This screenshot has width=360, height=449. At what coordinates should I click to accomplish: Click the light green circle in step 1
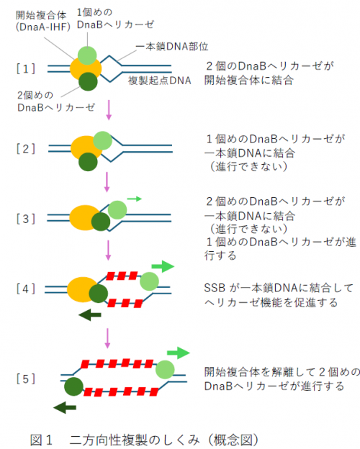pyautogui.click(x=86, y=55)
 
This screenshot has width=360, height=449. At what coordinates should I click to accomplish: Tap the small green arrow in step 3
pyautogui.click(x=134, y=196)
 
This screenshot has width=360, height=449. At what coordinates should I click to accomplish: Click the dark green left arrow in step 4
pyautogui.click(x=89, y=314)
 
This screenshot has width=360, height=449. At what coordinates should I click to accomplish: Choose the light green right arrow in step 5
pyautogui.click(x=178, y=353)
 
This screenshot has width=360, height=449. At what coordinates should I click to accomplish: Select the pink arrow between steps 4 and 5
pyautogui.click(x=108, y=337)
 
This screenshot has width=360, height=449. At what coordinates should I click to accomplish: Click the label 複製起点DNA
pyautogui.click(x=160, y=81)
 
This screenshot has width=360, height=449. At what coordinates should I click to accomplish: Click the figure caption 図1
pyautogui.click(x=42, y=438)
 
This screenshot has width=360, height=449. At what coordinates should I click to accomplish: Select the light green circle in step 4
pyautogui.click(x=150, y=281)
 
